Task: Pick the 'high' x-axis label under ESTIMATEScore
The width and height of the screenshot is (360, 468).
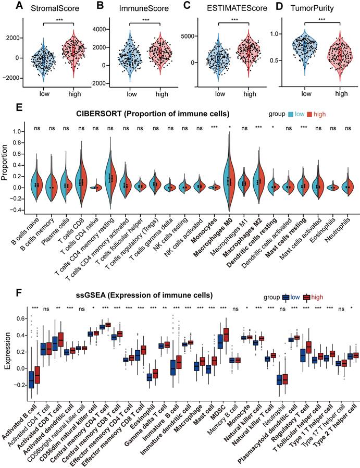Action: click(249, 94)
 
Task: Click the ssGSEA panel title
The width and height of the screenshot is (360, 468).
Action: click(144, 295)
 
